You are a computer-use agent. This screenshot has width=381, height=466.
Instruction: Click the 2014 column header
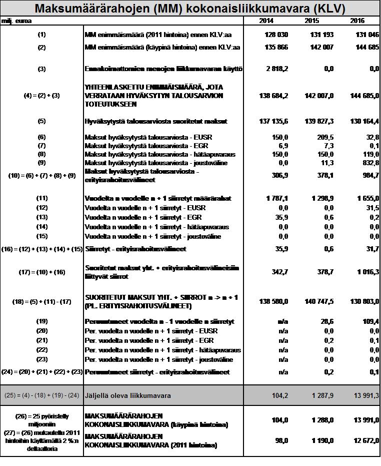266,21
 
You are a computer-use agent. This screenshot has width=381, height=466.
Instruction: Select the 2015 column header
311,21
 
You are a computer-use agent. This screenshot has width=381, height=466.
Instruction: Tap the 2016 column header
357,21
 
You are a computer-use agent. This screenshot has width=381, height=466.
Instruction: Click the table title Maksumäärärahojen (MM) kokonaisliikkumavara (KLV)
190,9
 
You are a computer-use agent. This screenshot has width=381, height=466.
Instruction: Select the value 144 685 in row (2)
366,48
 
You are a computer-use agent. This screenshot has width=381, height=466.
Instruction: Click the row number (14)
41,227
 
